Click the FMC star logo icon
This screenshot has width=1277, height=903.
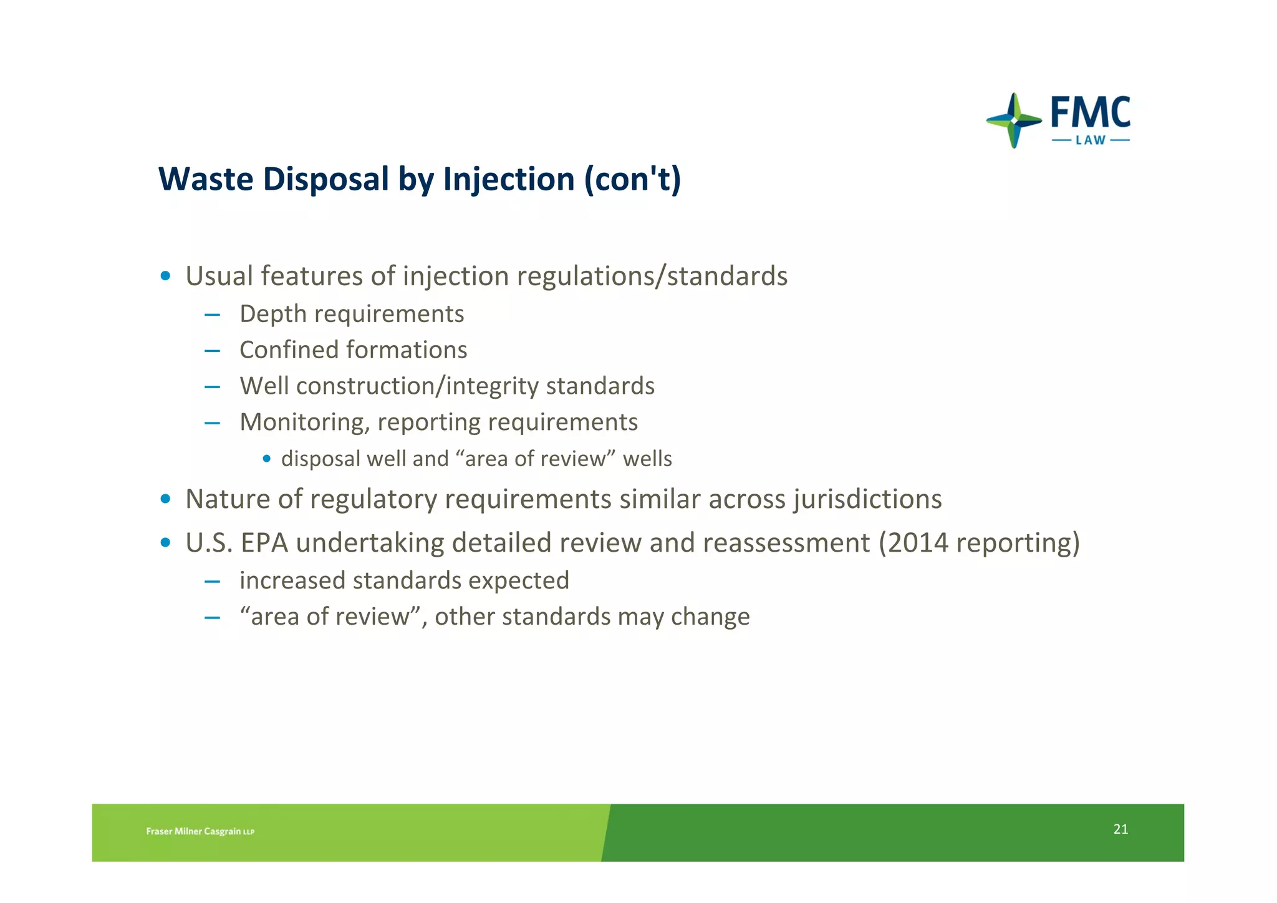click(x=1014, y=120)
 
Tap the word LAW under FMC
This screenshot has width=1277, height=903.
click(x=1091, y=140)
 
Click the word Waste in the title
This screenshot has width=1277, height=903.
click(x=206, y=179)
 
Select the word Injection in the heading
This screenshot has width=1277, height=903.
click(x=509, y=179)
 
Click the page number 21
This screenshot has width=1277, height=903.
click(x=1120, y=829)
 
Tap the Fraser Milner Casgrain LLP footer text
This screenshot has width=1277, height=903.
click(x=200, y=831)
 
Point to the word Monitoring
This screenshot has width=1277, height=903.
click(x=305, y=422)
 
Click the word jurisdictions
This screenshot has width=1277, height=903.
click(x=867, y=499)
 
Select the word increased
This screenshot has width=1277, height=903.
click(x=292, y=581)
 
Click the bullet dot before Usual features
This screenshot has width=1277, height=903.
click(x=165, y=276)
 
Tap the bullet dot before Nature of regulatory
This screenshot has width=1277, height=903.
click(x=165, y=499)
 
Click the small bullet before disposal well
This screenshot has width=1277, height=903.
click(x=267, y=459)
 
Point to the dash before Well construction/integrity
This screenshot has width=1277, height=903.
click(x=212, y=387)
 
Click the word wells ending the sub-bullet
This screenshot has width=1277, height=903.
click(x=647, y=459)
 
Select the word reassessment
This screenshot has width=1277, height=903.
click(x=786, y=543)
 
